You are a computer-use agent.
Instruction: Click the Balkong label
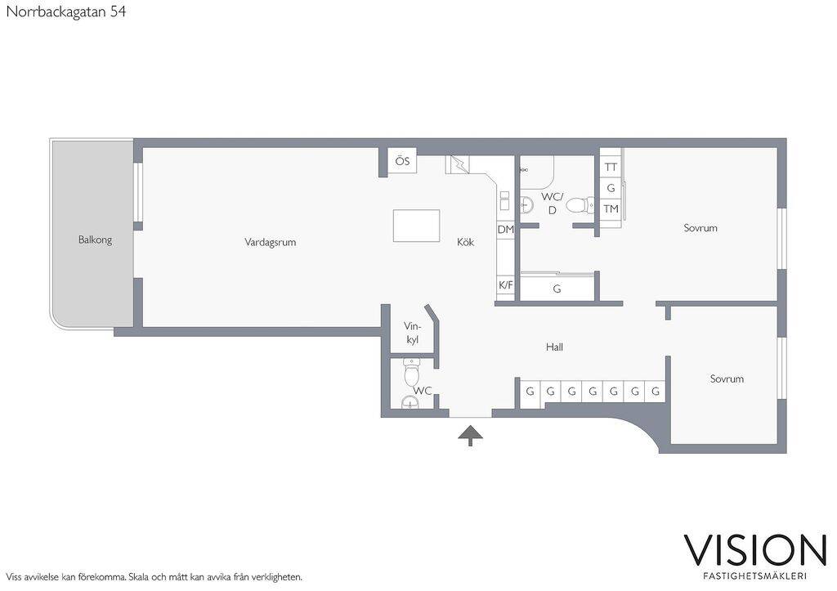coord(95,240)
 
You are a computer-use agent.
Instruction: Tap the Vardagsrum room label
coord(270,242)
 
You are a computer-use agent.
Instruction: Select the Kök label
coord(465,242)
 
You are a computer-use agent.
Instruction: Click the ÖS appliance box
coord(402,160)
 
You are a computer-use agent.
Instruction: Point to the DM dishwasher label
coord(505,230)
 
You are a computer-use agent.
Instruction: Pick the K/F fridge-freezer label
coord(505,285)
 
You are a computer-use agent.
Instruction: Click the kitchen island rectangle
coord(416,226)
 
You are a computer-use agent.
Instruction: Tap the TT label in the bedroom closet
coord(611,167)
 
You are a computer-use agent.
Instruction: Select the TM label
coord(611,208)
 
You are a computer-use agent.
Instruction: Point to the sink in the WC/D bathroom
coord(526,204)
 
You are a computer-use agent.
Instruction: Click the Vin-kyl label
coord(412,333)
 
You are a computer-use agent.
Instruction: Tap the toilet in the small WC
coord(412,373)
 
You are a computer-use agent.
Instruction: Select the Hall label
coord(554,347)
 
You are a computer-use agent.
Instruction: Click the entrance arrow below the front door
coord(470,435)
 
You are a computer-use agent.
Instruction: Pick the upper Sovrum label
coord(700,228)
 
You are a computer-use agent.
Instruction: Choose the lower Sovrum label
coord(727,378)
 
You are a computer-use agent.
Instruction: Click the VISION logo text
coord(755,550)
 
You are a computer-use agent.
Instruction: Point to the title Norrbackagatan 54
coord(66,11)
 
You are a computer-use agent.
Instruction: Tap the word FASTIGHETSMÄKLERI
coord(754,576)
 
